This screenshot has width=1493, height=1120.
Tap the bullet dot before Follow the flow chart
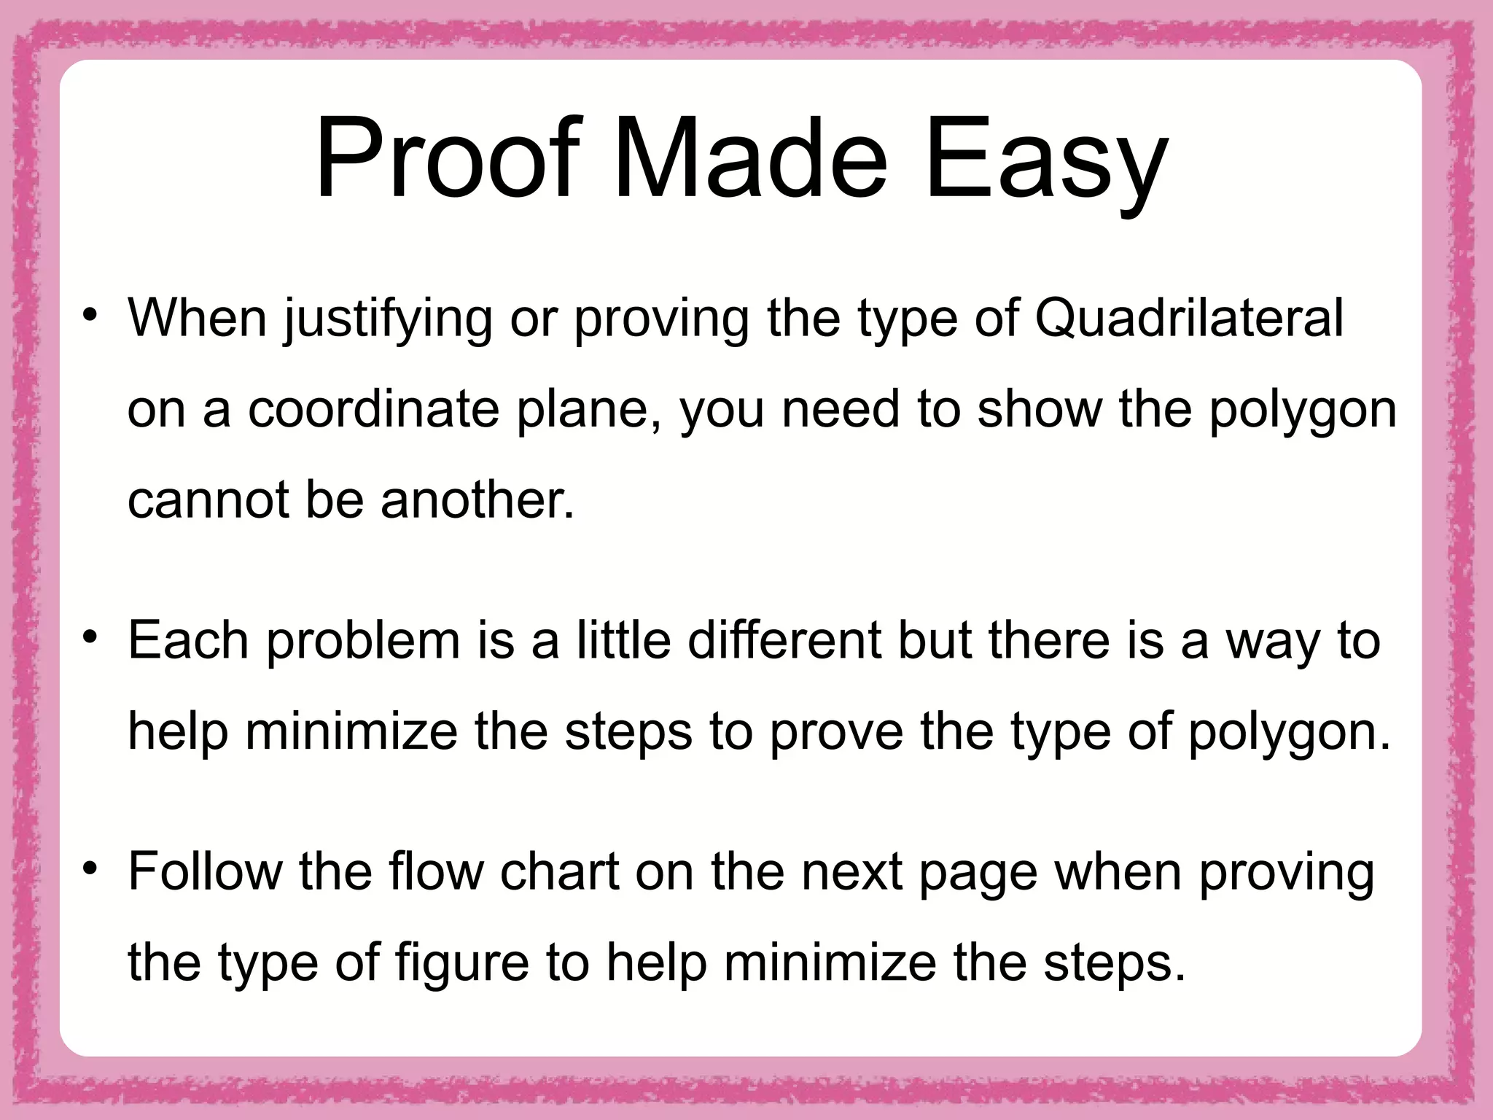tap(90, 869)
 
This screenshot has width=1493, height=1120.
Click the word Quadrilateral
tap(1188, 319)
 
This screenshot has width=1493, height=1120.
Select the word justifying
tap(388, 321)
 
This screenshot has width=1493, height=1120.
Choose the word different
tap(784, 640)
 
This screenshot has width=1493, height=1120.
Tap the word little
tap(624, 640)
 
